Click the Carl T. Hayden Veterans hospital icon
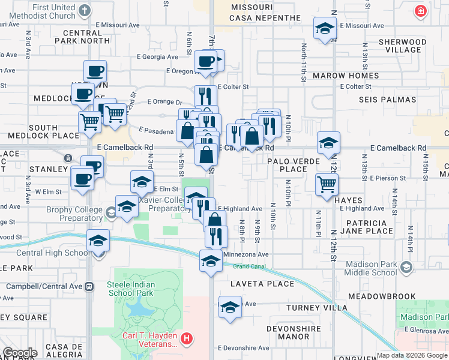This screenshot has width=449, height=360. [x=187, y=338]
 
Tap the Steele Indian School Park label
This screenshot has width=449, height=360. [x=131, y=289]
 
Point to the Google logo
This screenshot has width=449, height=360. [x=20, y=353]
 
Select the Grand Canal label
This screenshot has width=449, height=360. [x=249, y=266]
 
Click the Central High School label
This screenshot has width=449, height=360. [x=53, y=253]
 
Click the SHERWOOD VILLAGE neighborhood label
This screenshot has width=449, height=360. [x=403, y=46]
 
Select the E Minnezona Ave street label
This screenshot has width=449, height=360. [x=246, y=254]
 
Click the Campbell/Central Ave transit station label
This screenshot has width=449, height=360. [x=49, y=286]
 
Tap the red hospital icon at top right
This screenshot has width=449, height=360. [x=421, y=11]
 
